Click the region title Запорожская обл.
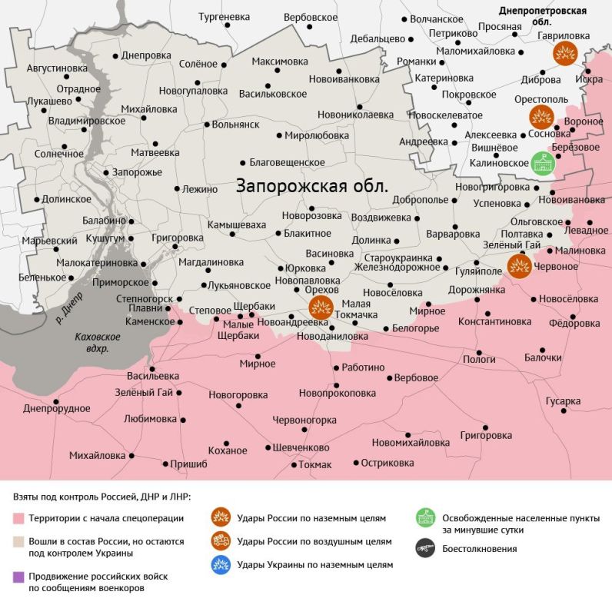[312, 187]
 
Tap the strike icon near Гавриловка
[565, 53]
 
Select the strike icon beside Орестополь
[541, 117]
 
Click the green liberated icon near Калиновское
[543, 163]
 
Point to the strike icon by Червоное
[519, 266]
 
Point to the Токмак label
[315, 464]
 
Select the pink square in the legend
[18, 518]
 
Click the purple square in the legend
[18, 576]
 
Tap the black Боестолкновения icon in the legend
[424, 549]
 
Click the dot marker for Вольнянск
[206, 125]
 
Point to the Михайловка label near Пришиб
[97, 455]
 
